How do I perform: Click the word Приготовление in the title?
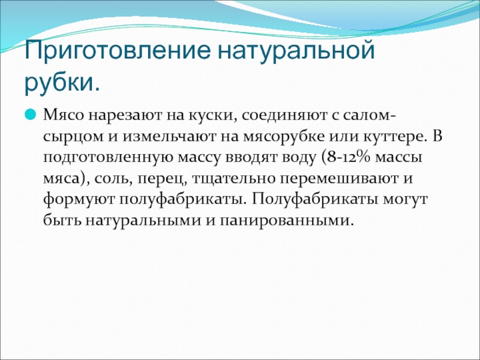tap(118, 51)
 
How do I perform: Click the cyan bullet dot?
tap(31, 115)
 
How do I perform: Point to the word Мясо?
tap(64, 116)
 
